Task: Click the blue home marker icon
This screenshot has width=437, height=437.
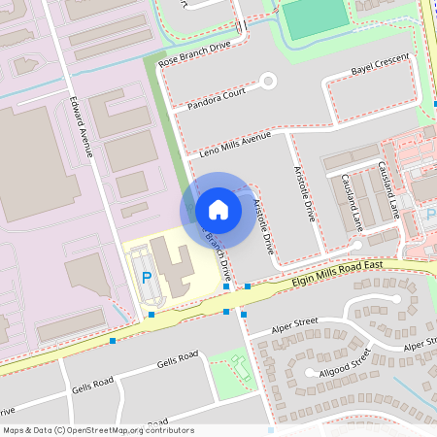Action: tap(218, 209)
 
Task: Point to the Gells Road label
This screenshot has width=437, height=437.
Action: tap(178, 363)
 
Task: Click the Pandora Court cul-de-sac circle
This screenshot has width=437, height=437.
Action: tap(269, 82)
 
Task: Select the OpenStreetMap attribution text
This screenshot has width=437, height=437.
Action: tap(98, 429)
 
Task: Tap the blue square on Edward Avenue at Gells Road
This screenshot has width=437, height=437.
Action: tap(114, 341)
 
